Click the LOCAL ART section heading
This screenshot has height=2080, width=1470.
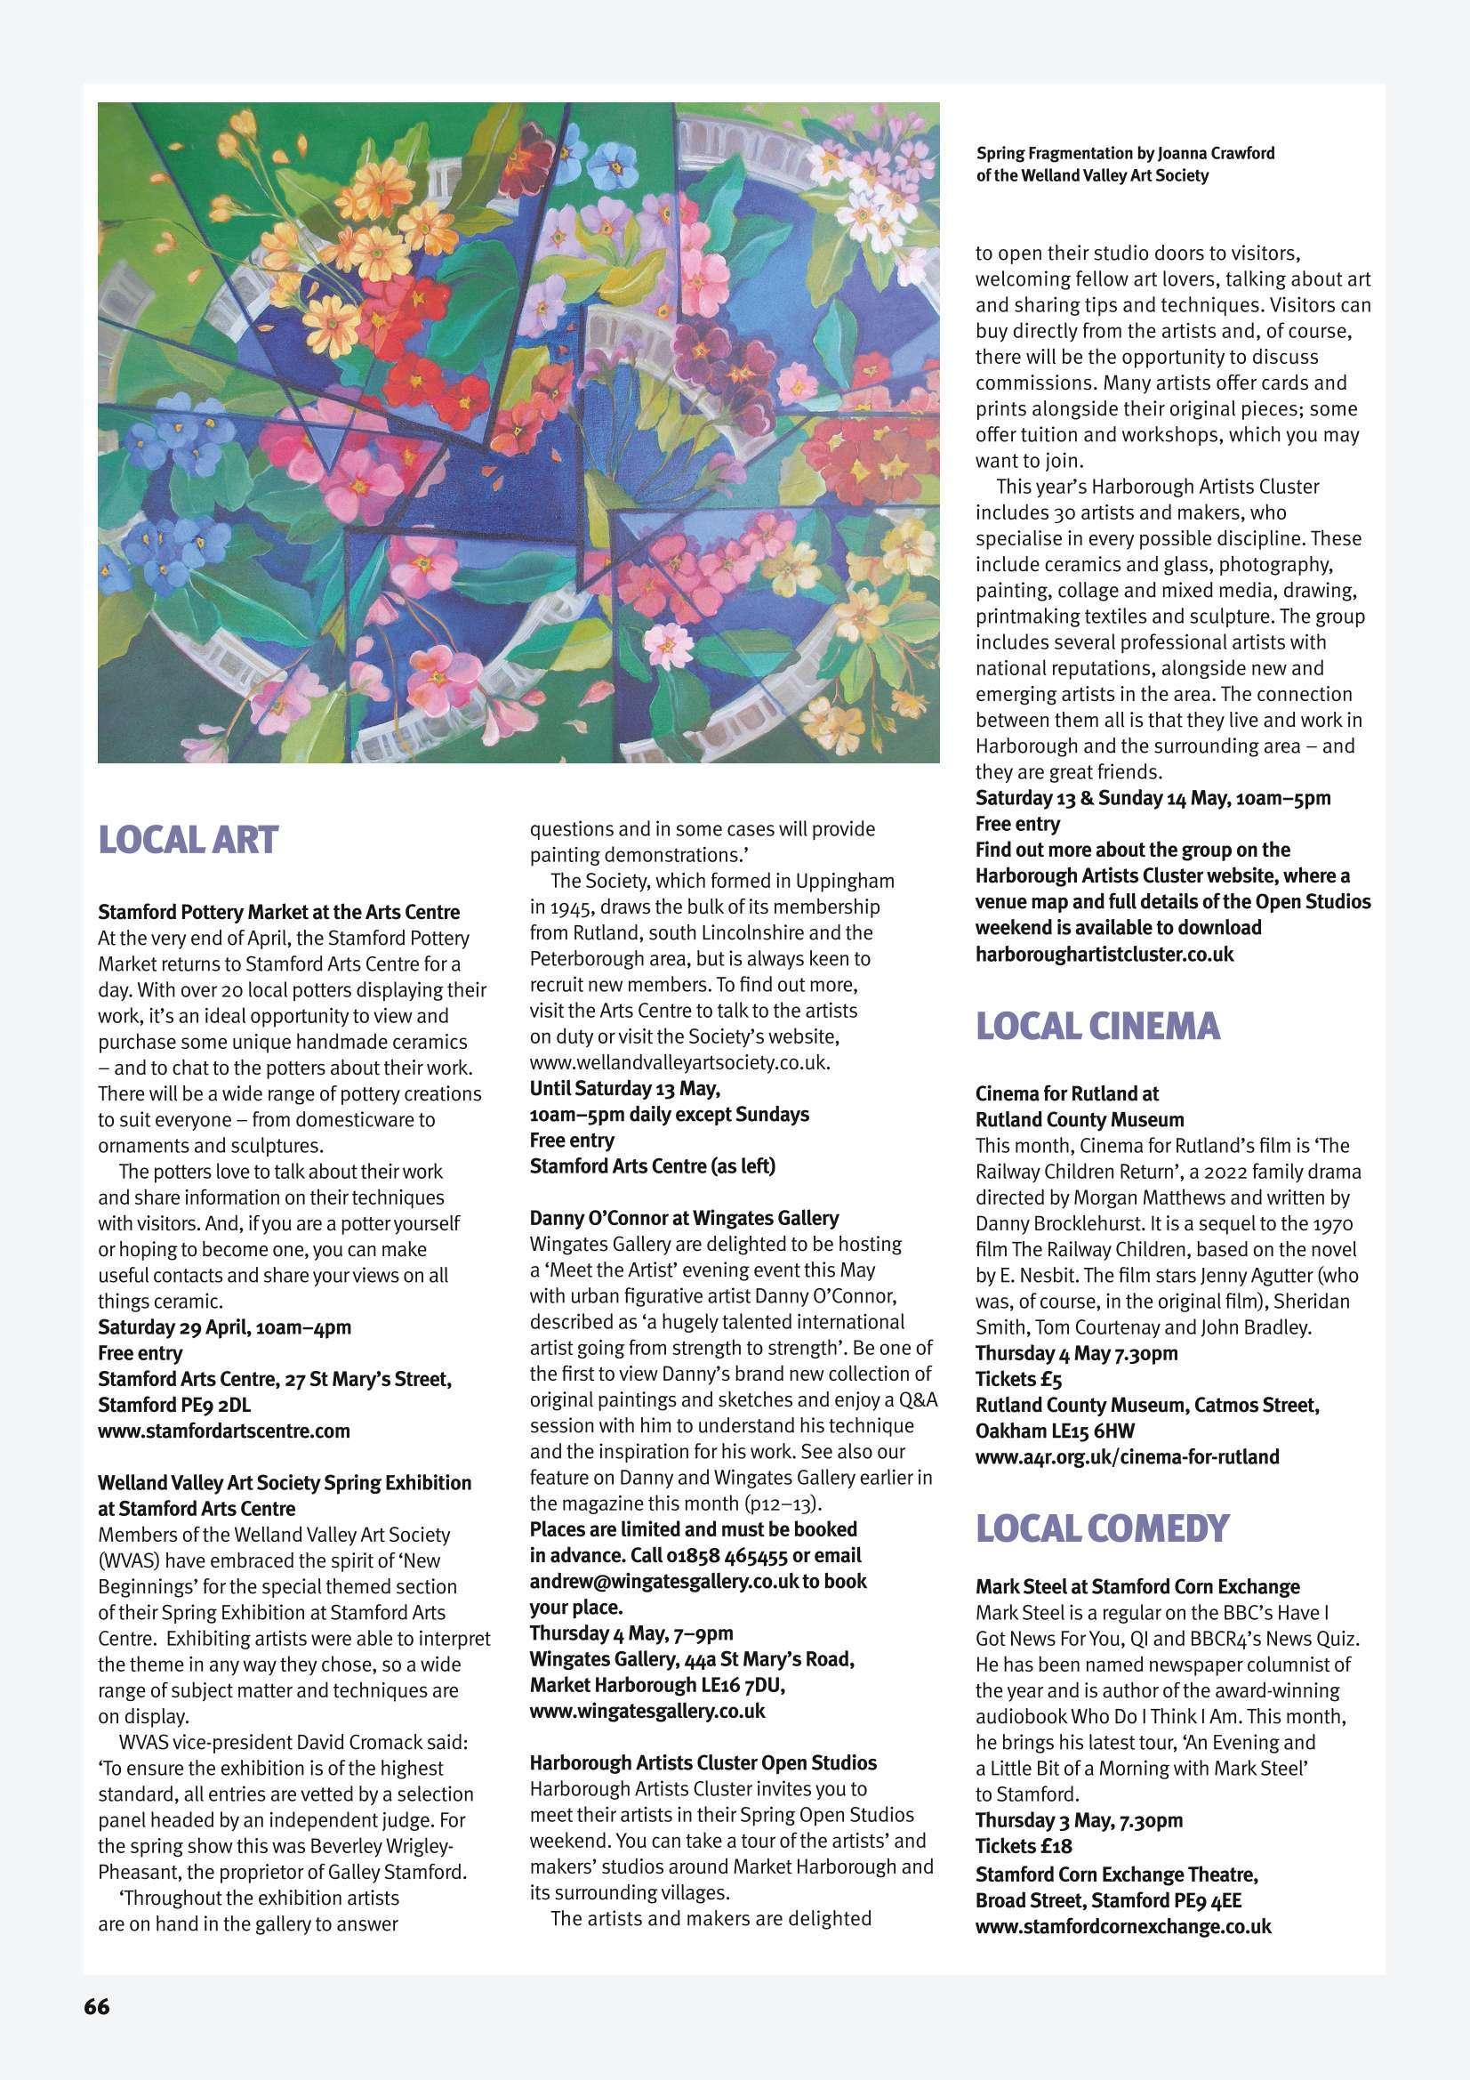tap(187, 841)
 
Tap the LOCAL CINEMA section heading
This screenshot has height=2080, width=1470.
tap(1097, 1027)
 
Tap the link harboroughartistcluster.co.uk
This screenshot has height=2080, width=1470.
tap(1105, 954)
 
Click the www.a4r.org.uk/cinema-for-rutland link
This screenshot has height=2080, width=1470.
tap(1127, 1456)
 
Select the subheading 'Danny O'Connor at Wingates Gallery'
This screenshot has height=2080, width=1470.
tap(684, 1218)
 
